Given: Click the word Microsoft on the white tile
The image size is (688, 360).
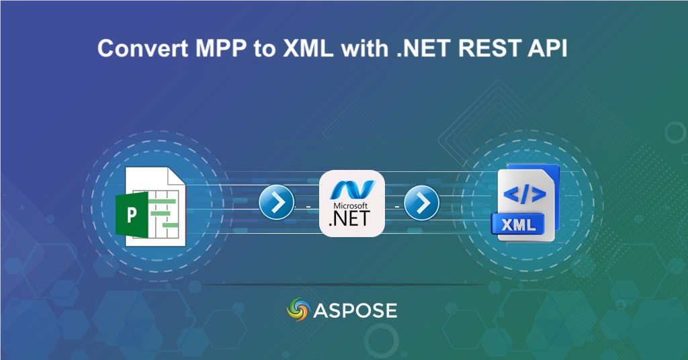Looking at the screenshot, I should click(351, 205).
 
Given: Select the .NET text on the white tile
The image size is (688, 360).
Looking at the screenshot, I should click(351, 218).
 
